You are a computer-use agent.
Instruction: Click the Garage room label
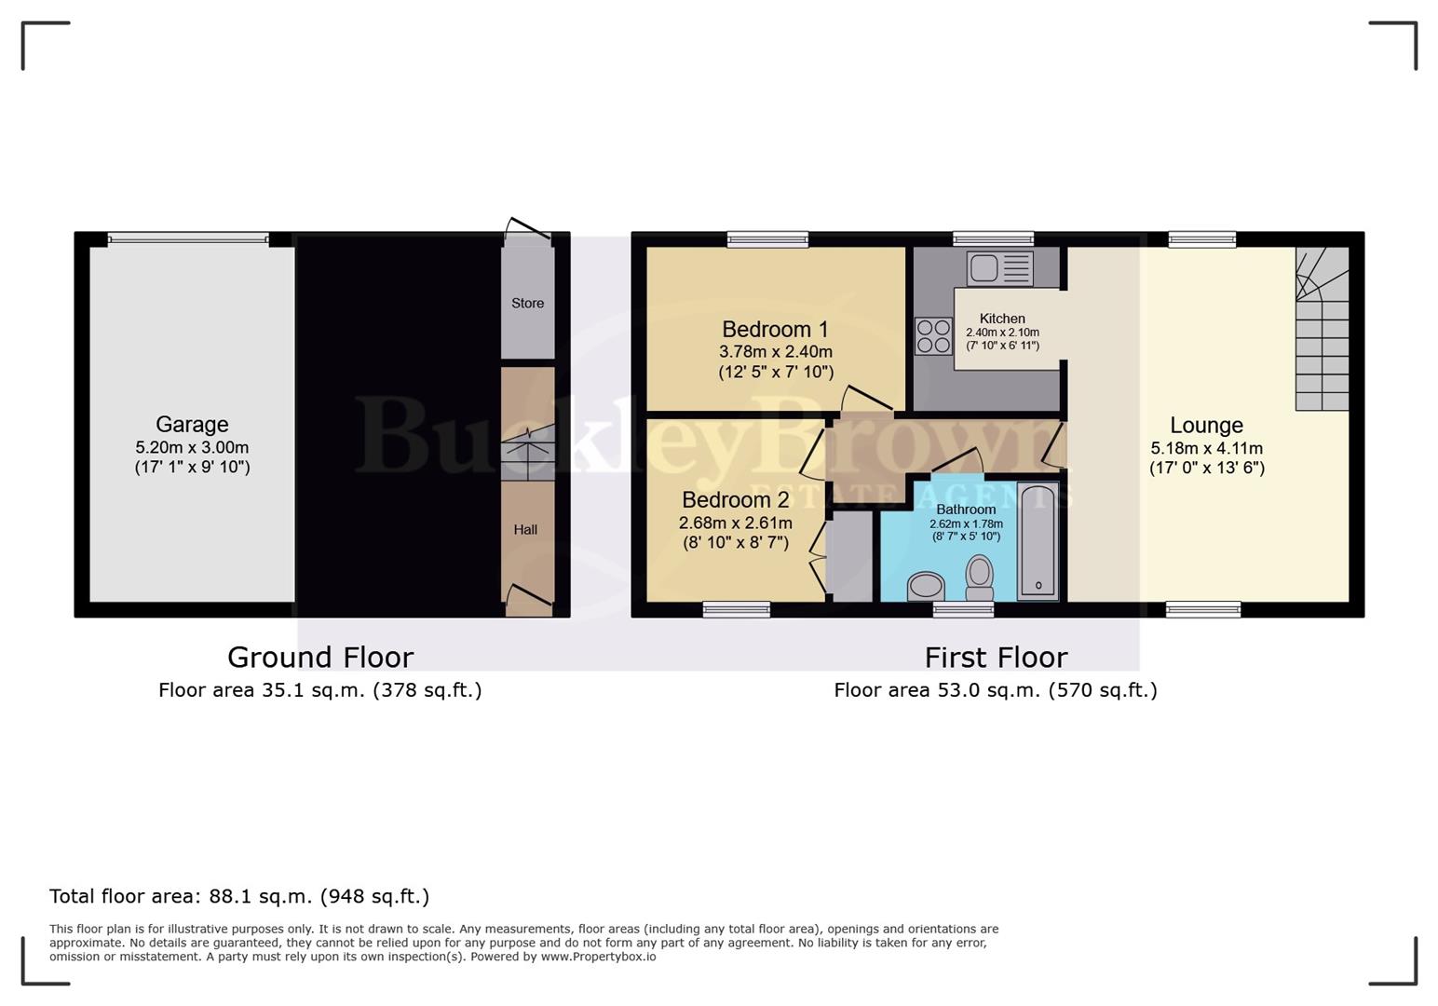pyautogui.click(x=192, y=425)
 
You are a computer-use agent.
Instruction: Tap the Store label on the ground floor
pyautogui.click(x=527, y=303)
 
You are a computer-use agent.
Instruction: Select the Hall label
pyautogui.click(x=525, y=529)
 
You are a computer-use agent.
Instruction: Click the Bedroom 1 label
pyautogui.click(x=775, y=329)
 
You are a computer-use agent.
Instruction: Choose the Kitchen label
pyautogui.click(x=1002, y=319)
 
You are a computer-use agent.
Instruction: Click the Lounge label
pyautogui.click(x=1206, y=425)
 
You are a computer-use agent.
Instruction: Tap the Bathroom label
pyautogui.click(x=966, y=510)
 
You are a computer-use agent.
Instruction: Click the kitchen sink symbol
pyautogui.click(x=999, y=268)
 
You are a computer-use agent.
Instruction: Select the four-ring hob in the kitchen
pyautogui.click(x=933, y=336)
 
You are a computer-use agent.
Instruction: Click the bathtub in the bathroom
pyautogui.click(x=1038, y=540)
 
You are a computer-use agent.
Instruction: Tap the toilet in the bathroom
pyautogui.click(x=980, y=578)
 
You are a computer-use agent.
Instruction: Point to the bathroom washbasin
pyautogui.click(x=926, y=586)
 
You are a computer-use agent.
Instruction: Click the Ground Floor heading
pyautogui.click(x=320, y=658)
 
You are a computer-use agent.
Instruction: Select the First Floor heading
pyautogui.click(x=996, y=658)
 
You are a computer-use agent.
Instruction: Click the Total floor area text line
pyautogui.click(x=239, y=896)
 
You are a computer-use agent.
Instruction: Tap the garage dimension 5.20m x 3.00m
pyautogui.click(x=192, y=447)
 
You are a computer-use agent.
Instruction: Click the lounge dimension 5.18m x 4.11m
pyautogui.click(x=1206, y=448)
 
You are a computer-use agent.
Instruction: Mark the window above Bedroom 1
pyautogui.click(x=767, y=239)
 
